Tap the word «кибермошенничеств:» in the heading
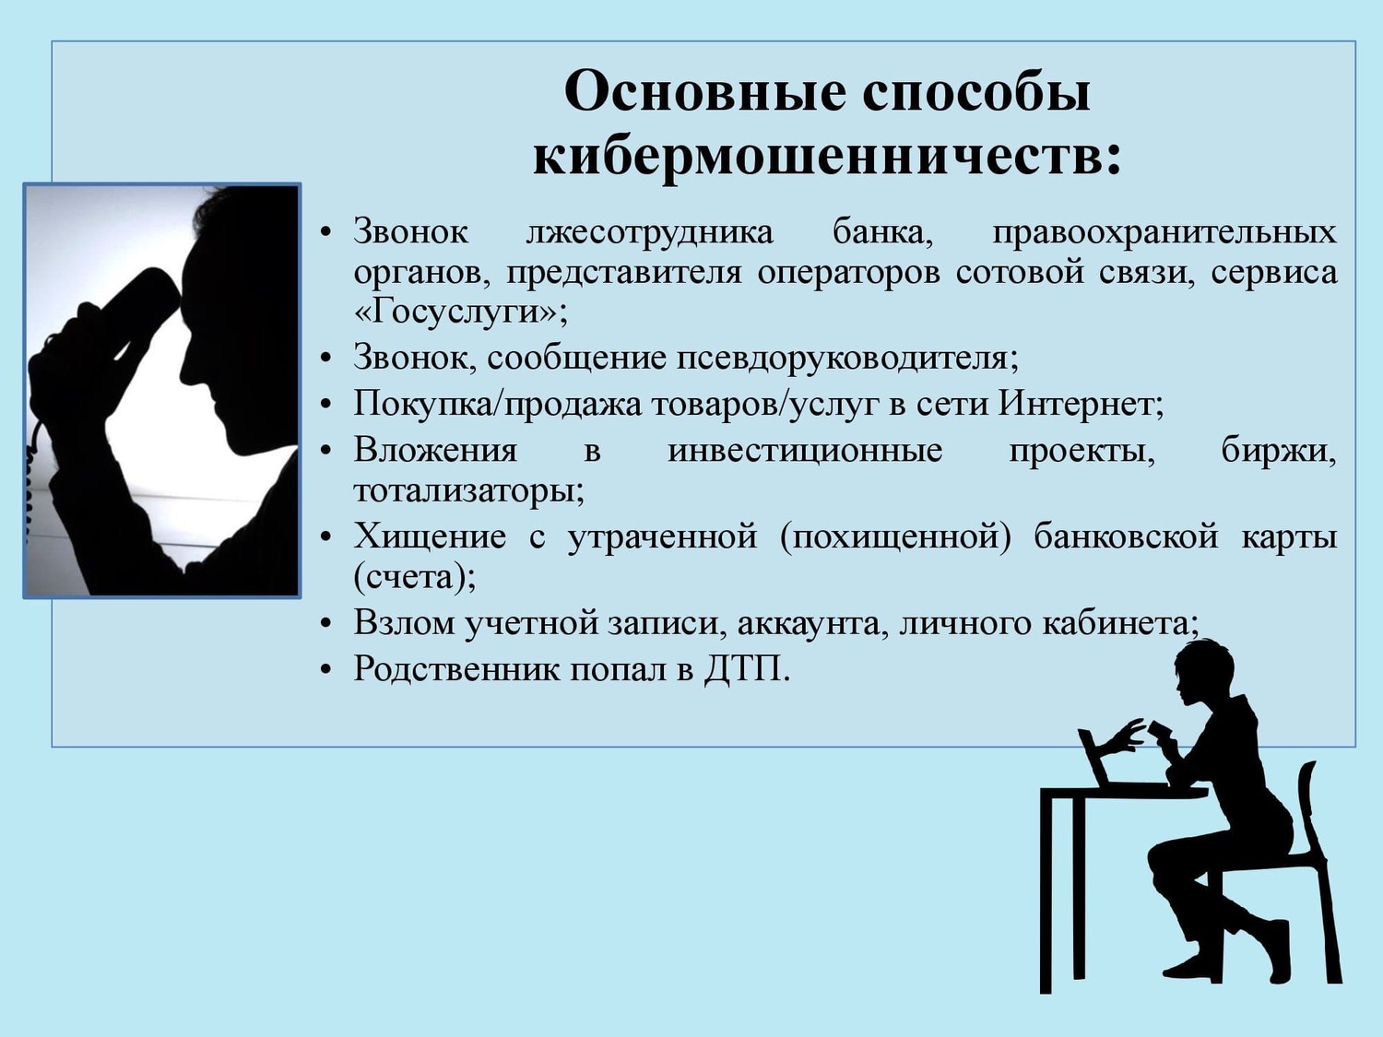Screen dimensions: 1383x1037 pos(827,158)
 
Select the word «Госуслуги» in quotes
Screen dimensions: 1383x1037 pos(455,312)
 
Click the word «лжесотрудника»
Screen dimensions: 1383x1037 pos(650,232)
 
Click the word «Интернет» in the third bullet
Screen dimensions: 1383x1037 pos(1077,404)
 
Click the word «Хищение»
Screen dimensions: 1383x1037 pos(430,537)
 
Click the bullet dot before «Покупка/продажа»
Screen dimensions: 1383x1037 pos(325,405)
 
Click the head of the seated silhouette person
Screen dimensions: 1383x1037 pos(1202,674)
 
